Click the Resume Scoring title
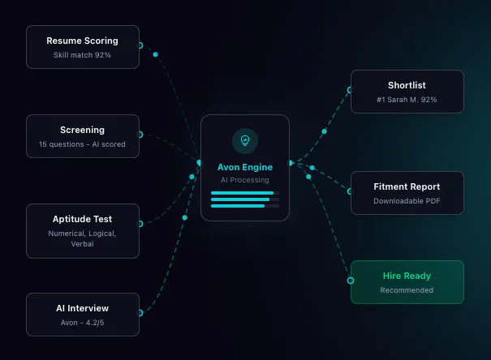[82, 41]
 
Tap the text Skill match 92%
[82, 55]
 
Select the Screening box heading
[82, 130]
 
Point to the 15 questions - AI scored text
[82, 144]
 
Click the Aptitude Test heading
[82, 219]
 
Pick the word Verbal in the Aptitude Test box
[82, 244]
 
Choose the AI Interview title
[82, 308]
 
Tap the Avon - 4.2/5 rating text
[82, 323]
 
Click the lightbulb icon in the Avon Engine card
[245, 140]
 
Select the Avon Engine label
[245, 167]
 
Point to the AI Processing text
[245, 180]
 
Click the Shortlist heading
[407, 85]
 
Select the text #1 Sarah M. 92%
[407, 100]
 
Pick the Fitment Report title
[407, 186]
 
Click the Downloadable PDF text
[407, 201]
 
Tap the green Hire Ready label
[407, 276]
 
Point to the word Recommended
[407, 290]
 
